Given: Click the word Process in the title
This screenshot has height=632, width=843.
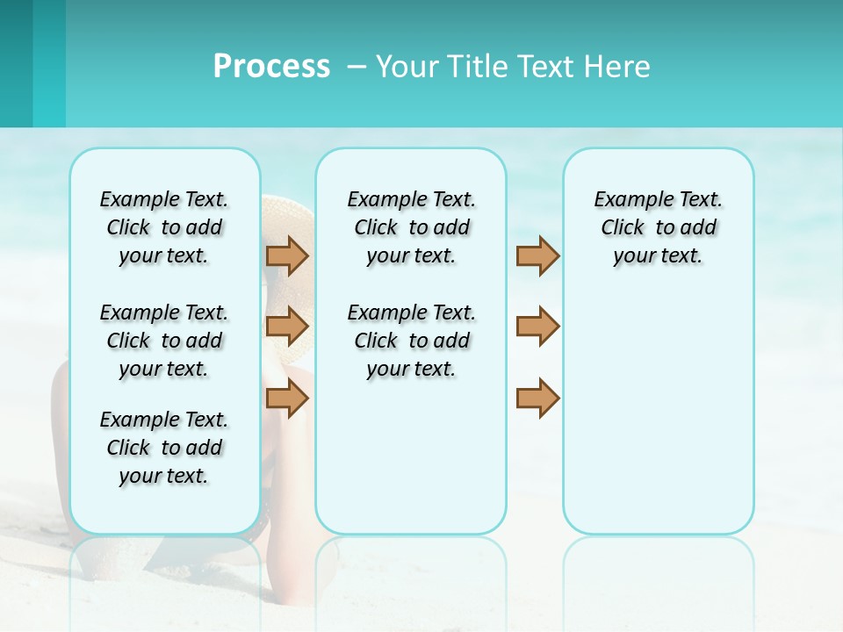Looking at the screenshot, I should tap(271, 66).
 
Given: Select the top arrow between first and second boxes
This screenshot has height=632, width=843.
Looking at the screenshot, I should tap(287, 255).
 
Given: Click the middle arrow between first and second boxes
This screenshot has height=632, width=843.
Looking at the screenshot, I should tap(287, 327).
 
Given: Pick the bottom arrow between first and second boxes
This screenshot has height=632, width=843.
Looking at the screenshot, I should tap(287, 399).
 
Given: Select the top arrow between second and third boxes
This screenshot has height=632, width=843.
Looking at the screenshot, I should tap(537, 255).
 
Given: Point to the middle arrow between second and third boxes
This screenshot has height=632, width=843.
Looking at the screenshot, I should tap(537, 327).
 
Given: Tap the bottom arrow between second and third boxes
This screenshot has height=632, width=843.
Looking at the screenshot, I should tap(537, 398).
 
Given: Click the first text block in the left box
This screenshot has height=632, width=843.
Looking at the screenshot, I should tap(164, 227).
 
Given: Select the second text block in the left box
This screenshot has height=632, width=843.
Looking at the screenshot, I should tap(164, 341).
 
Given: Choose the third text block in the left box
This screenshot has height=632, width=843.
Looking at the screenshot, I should tap(164, 448).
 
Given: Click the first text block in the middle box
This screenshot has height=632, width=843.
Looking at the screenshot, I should tap(411, 227).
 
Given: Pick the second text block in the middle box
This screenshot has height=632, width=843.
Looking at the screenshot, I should tap(411, 341).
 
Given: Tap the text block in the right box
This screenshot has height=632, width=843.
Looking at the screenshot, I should tap(658, 227).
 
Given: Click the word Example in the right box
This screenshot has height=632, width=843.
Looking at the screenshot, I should tap(624, 200).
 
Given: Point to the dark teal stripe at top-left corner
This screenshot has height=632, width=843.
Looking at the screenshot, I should tap(16, 63).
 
